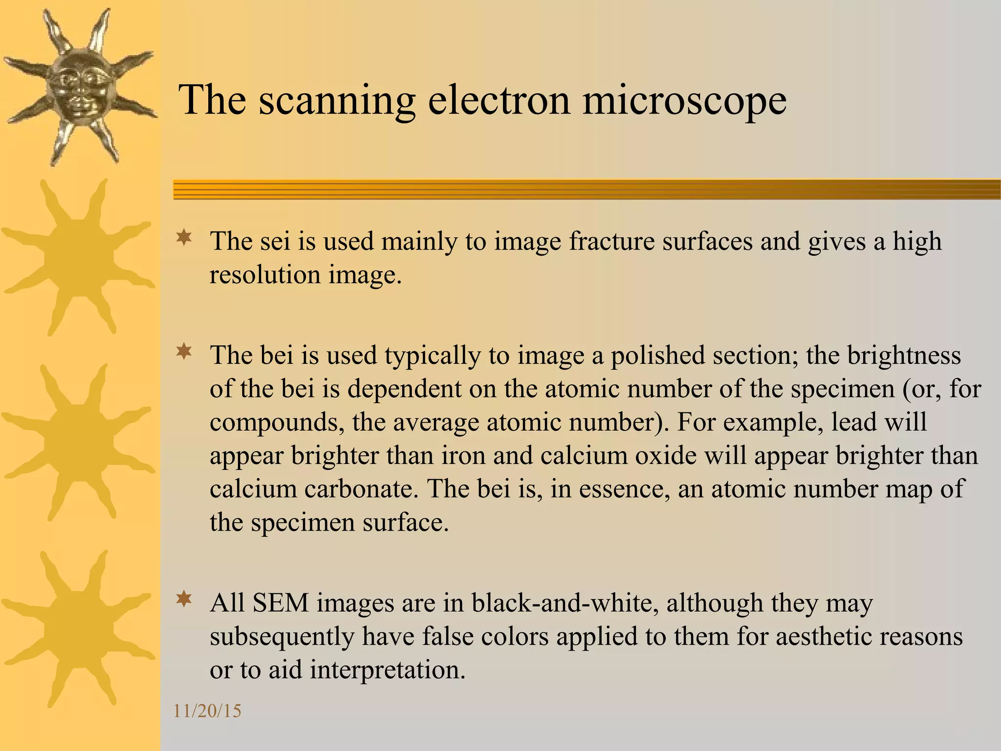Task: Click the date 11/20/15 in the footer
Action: (207, 711)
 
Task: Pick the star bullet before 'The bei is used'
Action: (184, 352)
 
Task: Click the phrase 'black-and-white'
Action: (562, 603)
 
